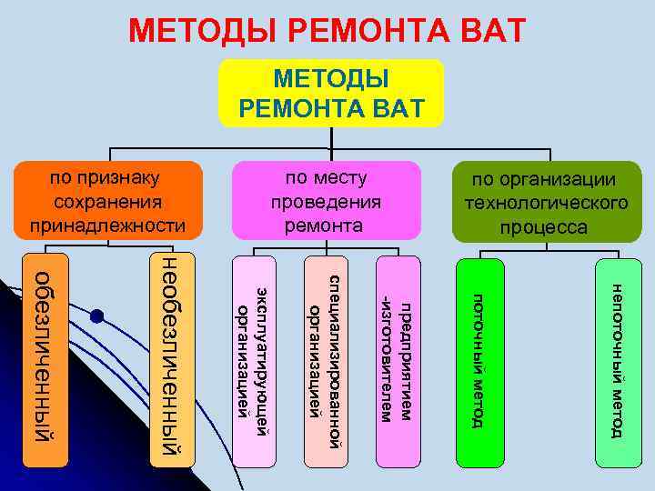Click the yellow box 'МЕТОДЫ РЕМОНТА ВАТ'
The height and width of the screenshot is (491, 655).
click(331, 93)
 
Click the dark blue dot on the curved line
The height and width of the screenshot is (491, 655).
click(97, 316)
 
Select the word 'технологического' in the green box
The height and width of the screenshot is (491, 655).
click(545, 204)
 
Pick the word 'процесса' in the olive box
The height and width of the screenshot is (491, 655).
click(545, 226)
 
